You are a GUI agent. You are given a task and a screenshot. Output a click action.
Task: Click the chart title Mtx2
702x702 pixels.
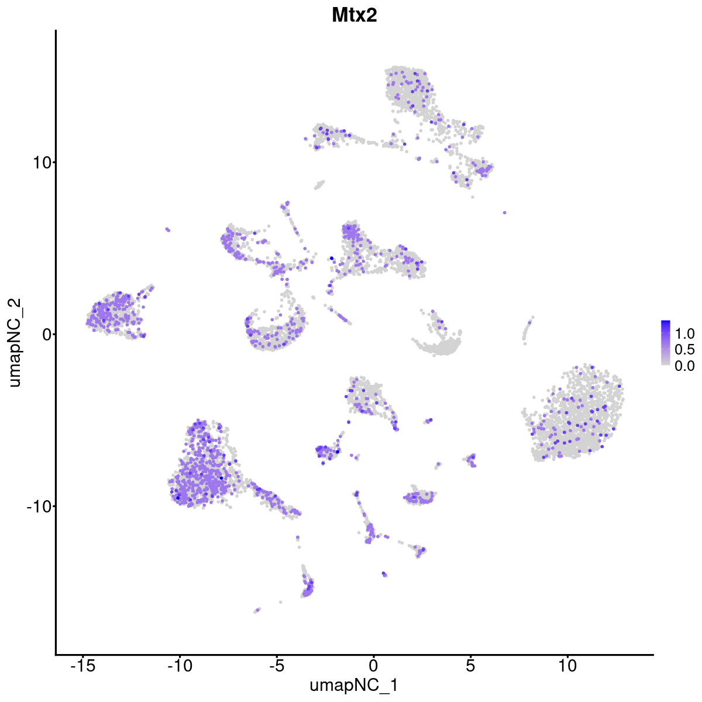(x=354, y=15)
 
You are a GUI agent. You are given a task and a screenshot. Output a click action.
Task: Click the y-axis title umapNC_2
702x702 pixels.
(x=16, y=342)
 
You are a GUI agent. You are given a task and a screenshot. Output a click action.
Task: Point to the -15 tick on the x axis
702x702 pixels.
(x=82, y=666)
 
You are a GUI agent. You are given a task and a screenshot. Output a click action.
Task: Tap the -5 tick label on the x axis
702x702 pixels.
(x=276, y=666)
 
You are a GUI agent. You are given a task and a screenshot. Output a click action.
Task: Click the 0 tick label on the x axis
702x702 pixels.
(x=373, y=666)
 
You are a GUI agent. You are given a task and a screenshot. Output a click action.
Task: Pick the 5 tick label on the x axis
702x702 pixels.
(x=470, y=666)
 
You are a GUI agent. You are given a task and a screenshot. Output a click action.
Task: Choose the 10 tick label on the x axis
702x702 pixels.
(x=567, y=666)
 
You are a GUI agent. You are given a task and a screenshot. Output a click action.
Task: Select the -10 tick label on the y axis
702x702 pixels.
(x=37, y=506)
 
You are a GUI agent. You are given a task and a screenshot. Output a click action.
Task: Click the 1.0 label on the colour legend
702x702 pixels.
(x=684, y=334)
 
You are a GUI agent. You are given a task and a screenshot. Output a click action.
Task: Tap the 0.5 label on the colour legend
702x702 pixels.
(x=684, y=350)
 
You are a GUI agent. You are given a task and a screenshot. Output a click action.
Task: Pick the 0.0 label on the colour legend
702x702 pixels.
(x=684, y=366)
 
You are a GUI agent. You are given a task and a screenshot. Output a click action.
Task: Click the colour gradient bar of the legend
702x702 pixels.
(x=666, y=343)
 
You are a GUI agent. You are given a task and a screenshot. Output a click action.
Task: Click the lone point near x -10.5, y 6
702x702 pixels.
(x=167, y=229)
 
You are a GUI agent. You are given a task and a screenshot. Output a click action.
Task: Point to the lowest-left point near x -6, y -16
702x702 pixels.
(x=256, y=611)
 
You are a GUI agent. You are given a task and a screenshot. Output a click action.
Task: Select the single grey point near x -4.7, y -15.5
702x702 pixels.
(x=281, y=602)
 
